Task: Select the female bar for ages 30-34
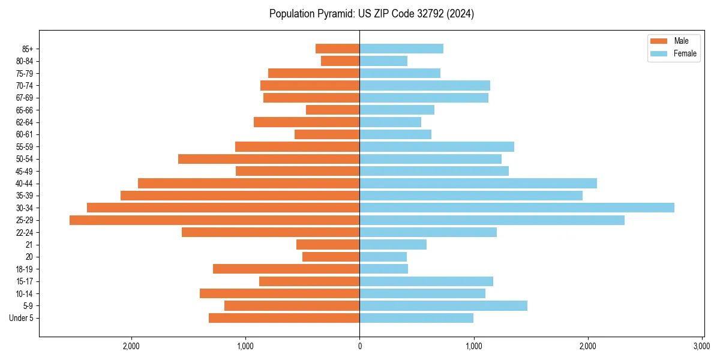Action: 517,208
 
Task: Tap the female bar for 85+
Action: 401,49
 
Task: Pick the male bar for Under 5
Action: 284,318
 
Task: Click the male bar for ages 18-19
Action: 286,269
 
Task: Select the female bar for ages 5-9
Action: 443,306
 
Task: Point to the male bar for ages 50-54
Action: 269,159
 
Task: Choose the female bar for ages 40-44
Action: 478,184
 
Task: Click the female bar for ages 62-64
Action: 390,122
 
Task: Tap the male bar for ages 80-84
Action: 340,61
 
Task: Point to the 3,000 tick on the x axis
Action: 702,346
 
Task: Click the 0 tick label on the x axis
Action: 359,346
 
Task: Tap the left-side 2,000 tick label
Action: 131,346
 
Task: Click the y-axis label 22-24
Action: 24,233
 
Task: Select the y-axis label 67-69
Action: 24,98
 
